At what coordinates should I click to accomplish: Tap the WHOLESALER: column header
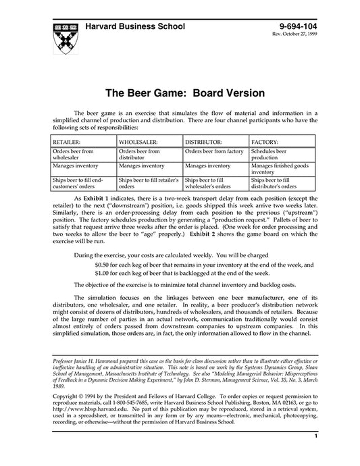139,143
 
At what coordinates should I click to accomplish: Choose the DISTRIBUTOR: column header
203,143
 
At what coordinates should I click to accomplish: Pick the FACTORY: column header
266,143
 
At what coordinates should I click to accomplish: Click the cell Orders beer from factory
214,151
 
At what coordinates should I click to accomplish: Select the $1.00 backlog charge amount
103,273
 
